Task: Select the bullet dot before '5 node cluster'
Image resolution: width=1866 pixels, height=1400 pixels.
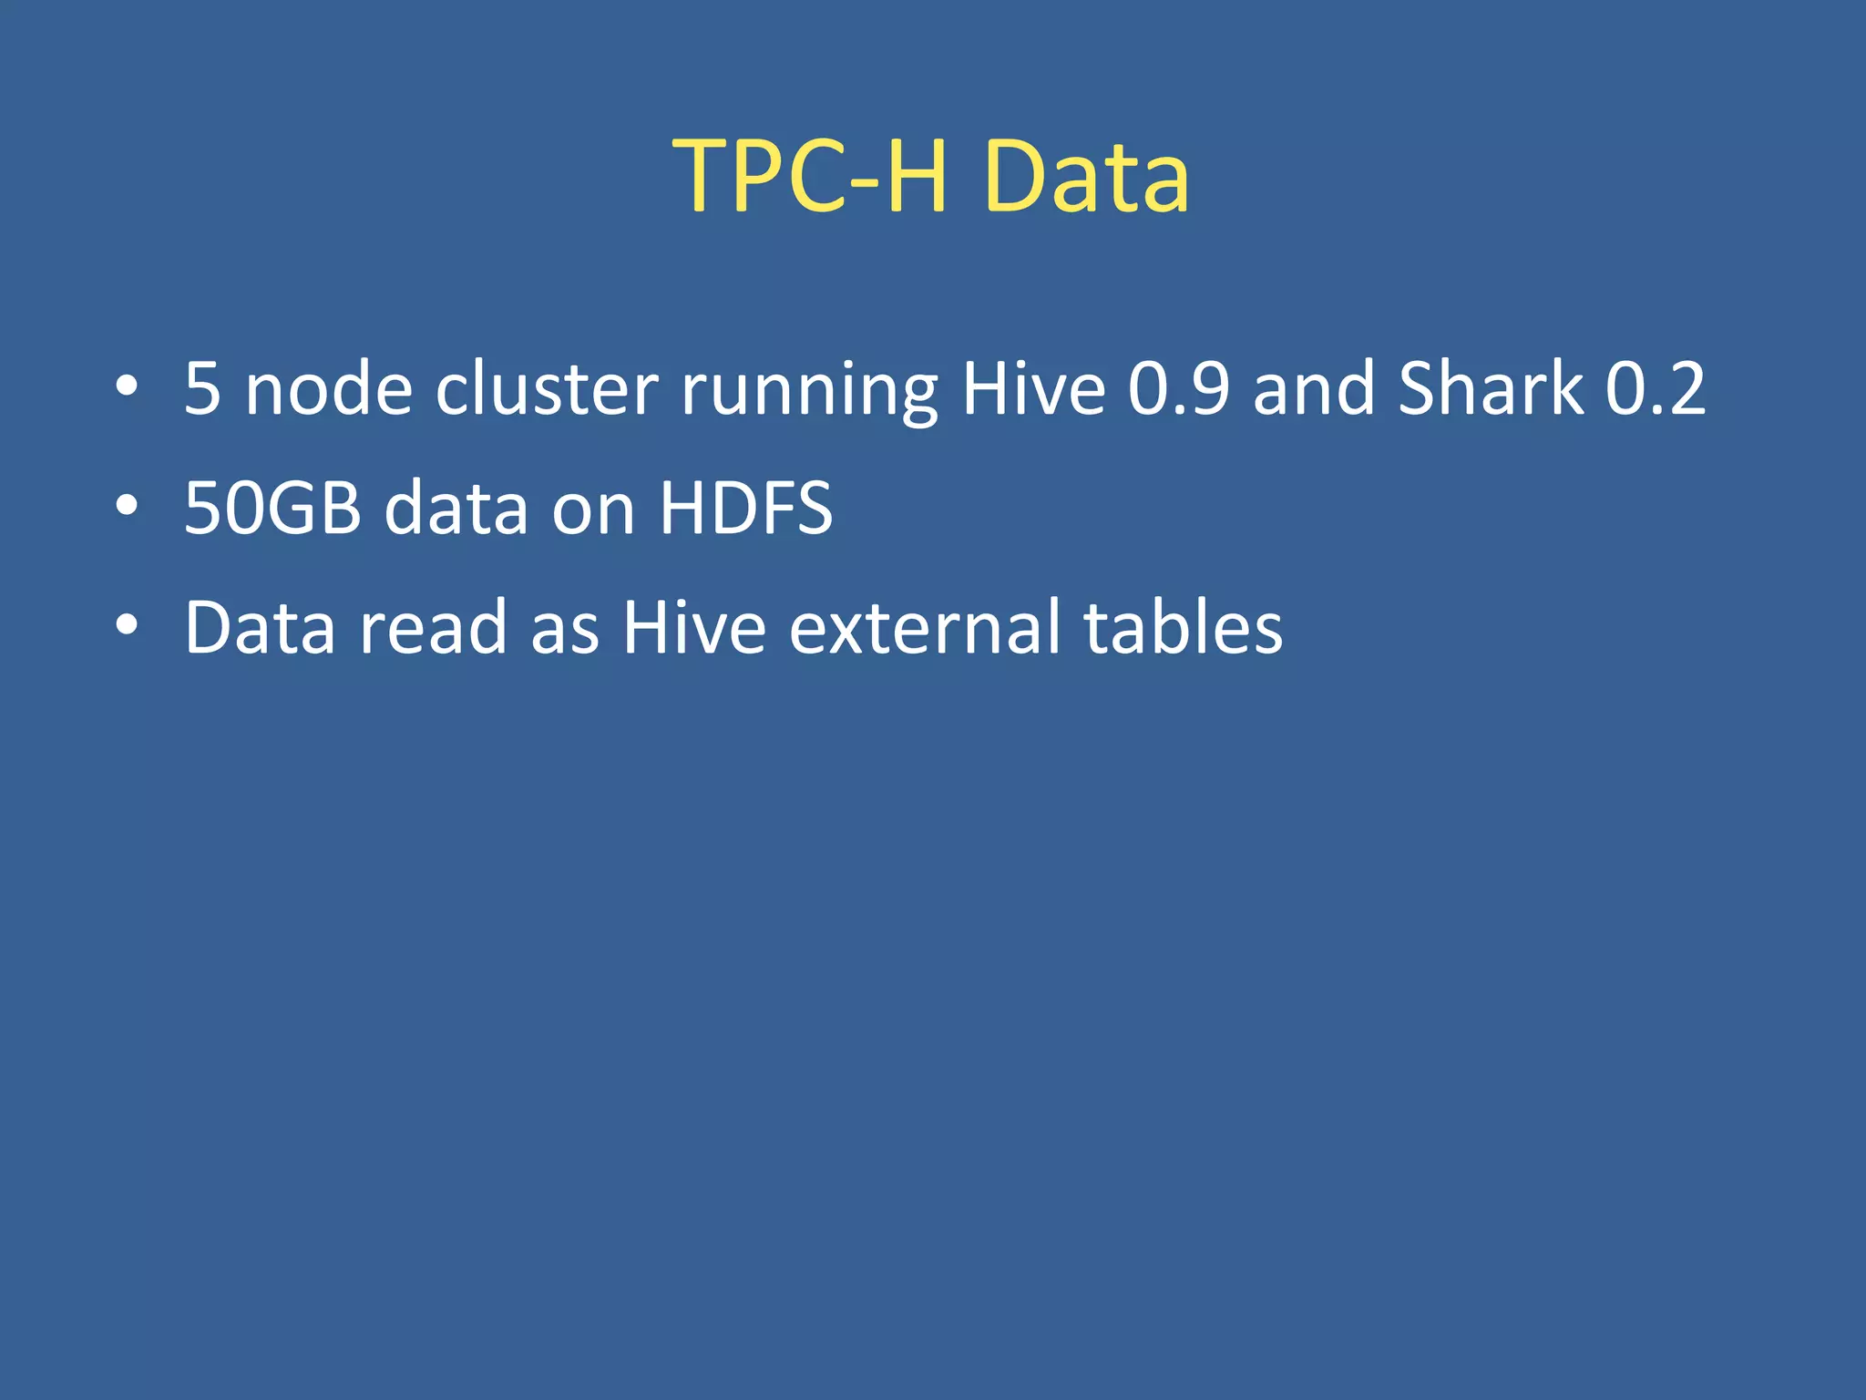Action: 127,386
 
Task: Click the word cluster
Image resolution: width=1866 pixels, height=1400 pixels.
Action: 547,389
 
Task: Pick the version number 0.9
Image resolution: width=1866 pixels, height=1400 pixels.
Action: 1178,389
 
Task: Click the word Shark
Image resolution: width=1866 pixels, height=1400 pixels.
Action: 1491,389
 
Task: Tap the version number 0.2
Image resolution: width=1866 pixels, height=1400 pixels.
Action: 1655,389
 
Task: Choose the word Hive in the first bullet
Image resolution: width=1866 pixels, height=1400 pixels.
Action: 1033,389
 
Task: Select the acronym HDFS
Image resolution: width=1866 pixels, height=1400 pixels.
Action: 745,508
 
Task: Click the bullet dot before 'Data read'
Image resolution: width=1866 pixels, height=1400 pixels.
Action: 127,625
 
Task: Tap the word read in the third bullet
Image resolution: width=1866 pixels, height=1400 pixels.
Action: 433,628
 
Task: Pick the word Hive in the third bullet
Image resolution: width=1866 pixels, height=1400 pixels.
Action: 693,628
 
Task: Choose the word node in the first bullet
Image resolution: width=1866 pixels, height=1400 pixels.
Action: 329,389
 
